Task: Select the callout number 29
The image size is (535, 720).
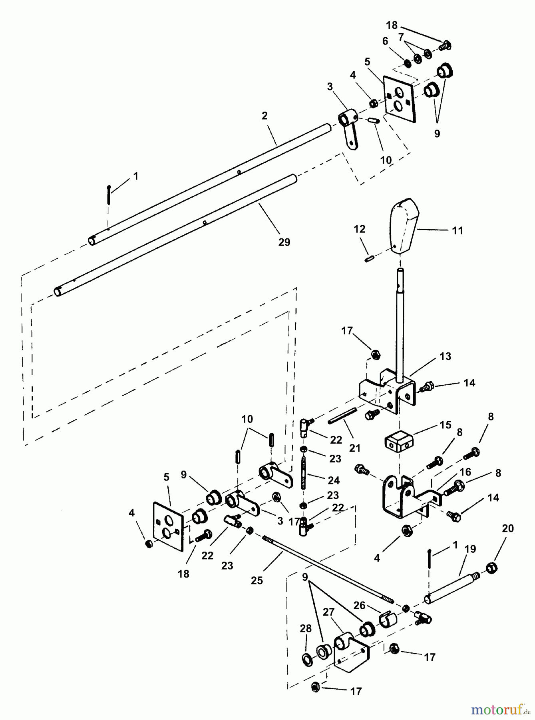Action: click(284, 242)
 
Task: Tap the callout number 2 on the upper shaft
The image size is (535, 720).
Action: click(265, 116)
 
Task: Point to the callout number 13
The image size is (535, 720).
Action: click(445, 356)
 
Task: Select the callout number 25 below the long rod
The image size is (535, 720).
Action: click(257, 580)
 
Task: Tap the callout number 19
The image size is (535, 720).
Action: click(470, 549)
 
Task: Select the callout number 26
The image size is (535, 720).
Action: click(359, 605)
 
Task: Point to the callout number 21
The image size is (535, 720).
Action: click(355, 448)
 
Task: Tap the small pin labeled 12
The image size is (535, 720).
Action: click(368, 258)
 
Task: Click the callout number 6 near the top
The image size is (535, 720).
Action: click(385, 42)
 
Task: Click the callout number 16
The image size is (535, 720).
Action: click(465, 472)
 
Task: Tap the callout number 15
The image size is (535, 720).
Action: click(446, 425)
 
